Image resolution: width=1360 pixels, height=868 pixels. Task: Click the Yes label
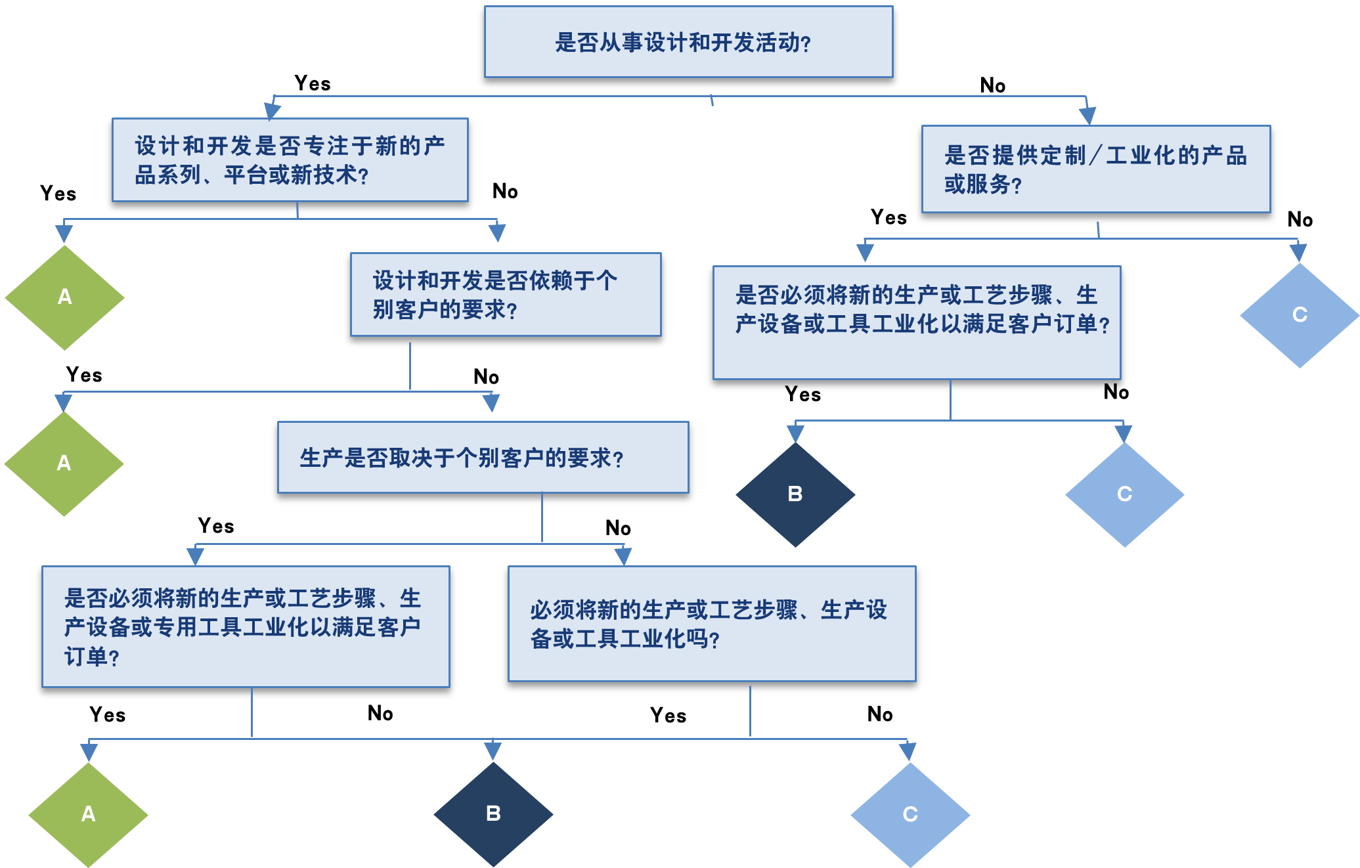313,83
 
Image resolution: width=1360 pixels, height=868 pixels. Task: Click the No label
992,85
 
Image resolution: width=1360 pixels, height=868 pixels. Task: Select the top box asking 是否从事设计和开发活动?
688,42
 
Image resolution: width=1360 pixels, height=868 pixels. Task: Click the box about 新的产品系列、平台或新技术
290,160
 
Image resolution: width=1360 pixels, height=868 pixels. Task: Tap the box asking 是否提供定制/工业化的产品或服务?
1095,169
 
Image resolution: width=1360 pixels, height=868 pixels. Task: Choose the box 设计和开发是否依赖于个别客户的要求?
506,294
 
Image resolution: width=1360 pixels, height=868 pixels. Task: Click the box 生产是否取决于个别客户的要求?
483,457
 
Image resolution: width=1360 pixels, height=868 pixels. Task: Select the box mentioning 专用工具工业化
246,626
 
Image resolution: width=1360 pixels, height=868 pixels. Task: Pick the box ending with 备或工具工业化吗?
711,624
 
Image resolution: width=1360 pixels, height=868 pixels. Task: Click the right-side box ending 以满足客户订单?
916,322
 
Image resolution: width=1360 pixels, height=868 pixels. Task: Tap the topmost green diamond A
64,297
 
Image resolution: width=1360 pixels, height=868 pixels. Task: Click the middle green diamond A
64,464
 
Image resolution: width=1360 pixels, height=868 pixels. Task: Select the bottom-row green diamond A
88,814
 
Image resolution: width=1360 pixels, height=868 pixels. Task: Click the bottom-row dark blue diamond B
493,814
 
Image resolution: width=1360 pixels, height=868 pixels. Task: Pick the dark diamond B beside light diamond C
795,494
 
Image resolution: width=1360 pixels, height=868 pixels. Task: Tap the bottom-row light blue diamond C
910,815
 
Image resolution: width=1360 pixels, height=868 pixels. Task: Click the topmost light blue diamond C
1300,315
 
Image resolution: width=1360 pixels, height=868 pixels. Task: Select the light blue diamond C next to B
1124,494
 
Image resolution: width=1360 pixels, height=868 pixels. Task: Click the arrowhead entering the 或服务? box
1087,116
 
